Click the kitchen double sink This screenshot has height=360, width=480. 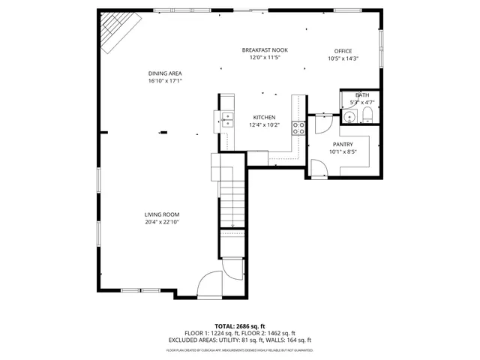pyautogui.click(x=227, y=117)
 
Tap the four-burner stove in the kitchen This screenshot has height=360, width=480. pyautogui.click(x=298, y=127)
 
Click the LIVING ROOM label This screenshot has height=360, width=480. pyautogui.click(x=162, y=214)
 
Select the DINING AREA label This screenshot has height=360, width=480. pyautogui.click(x=165, y=73)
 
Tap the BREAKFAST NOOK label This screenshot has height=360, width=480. pyautogui.click(x=265, y=50)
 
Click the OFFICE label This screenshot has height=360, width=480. pyautogui.click(x=343, y=51)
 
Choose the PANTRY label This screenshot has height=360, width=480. pyautogui.click(x=342, y=144)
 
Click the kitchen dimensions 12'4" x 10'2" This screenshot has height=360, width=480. pyautogui.click(x=264, y=125)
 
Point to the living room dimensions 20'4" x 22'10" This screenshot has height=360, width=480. pyautogui.click(x=162, y=222)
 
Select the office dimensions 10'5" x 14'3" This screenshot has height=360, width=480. pyautogui.click(x=343, y=58)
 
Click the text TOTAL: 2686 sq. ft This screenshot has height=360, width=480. pyautogui.click(x=240, y=326)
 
